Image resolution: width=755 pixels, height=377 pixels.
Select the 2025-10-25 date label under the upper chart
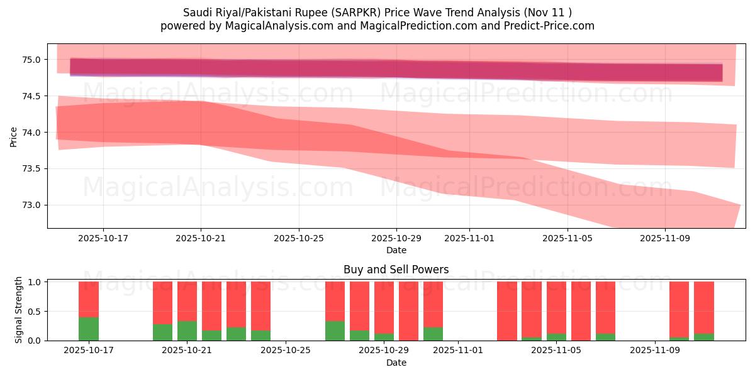tap(298, 239)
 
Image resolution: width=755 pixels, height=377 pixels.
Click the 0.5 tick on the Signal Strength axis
tap(35, 312)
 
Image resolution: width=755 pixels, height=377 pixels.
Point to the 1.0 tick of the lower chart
tap(35, 282)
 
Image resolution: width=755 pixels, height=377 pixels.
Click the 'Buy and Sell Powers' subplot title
tap(396, 270)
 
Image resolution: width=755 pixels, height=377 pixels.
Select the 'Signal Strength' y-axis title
tap(19, 310)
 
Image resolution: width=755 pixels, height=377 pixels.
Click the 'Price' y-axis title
tap(14, 136)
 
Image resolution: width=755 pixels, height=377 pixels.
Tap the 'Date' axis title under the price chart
tap(396, 250)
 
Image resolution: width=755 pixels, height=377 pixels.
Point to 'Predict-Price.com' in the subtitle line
tap(551, 26)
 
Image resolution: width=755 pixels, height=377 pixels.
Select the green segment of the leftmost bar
tap(89, 329)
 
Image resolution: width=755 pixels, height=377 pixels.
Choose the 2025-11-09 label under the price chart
tap(665, 239)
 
